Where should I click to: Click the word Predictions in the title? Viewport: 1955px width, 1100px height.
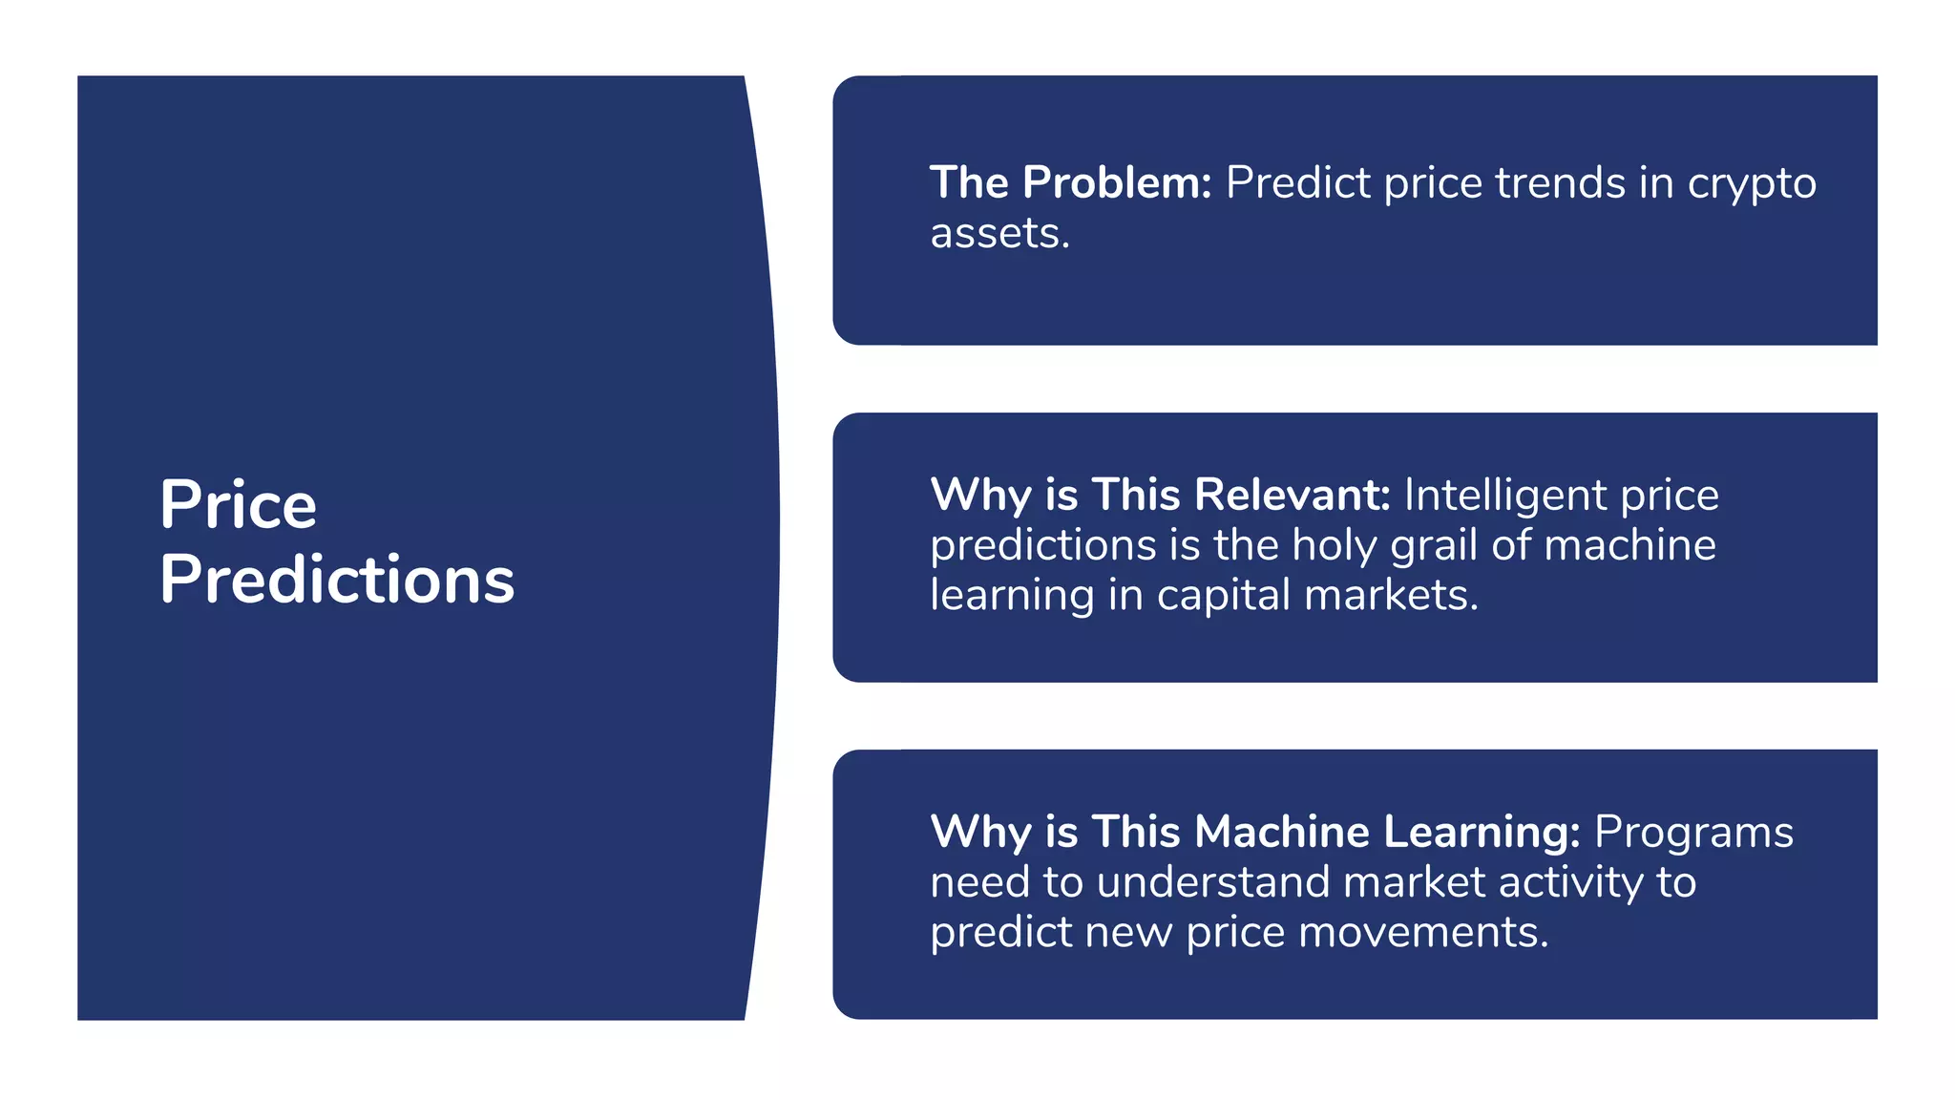point(337,580)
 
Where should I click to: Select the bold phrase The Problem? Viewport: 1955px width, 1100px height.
point(1070,182)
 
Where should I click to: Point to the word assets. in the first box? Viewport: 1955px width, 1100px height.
point(999,234)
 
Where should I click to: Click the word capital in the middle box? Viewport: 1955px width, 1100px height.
point(1223,596)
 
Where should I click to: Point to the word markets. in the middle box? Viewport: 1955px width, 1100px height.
point(1391,596)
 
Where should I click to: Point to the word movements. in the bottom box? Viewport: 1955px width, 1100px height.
point(1423,932)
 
